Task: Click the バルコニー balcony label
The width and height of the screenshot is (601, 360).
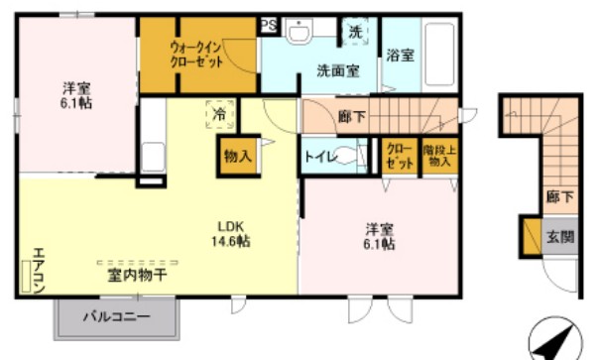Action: click(x=115, y=318)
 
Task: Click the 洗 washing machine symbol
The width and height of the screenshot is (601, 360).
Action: click(x=355, y=32)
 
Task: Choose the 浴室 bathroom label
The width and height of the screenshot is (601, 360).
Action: click(x=401, y=55)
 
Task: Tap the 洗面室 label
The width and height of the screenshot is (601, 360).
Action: click(x=337, y=71)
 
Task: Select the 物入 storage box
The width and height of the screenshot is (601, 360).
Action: click(x=237, y=157)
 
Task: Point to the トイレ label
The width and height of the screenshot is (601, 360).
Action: click(x=317, y=155)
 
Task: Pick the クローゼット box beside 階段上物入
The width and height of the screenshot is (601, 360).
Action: click(x=400, y=156)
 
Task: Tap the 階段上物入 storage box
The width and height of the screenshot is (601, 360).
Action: click(x=437, y=156)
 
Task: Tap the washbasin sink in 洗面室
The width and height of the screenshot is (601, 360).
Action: click(x=301, y=34)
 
